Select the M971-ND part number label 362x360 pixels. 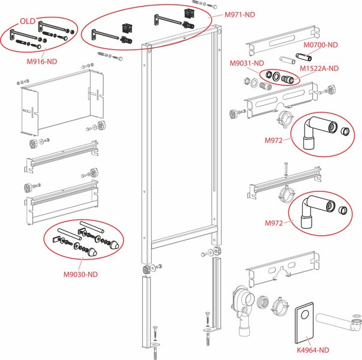237,13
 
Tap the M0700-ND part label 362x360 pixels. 321,44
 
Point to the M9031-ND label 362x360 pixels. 247,63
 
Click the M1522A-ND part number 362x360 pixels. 320,68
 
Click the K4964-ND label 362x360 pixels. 313,349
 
